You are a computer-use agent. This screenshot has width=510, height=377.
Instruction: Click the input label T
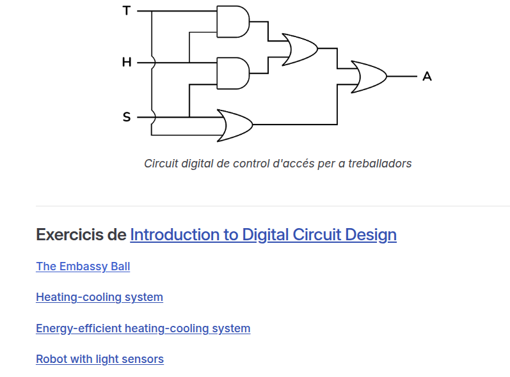[x=126, y=11]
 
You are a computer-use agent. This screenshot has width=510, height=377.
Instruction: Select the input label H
[x=126, y=63]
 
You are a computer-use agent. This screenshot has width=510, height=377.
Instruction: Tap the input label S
[x=126, y=117]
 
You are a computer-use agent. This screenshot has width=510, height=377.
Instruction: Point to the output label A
[x=427, y=77]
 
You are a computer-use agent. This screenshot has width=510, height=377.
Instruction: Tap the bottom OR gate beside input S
[x=235, y=125]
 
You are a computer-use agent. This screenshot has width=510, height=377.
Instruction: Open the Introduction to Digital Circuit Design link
[x=263, y=235]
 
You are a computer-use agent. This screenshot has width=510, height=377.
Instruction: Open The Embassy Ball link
[x=83, y=266]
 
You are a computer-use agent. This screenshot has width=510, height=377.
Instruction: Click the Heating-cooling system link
[x=99, y=297]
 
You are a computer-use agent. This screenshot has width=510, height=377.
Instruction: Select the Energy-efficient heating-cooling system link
[x=143, y=328]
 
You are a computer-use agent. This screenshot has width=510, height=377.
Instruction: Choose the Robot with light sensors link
[x=99, y=359]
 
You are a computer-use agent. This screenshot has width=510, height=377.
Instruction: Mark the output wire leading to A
[x=402, y=77]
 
